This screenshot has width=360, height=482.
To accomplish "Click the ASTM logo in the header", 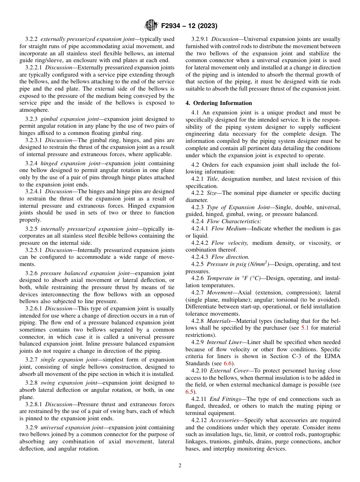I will pos(152,25).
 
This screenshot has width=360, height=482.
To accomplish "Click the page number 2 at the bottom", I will pos(180,466).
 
